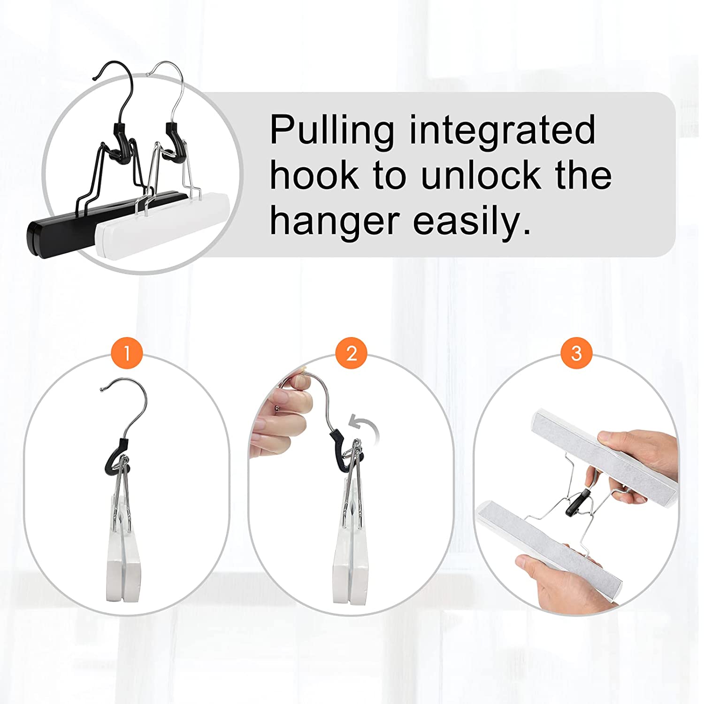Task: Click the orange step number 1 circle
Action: click(126, 352)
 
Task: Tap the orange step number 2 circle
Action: click(352, 352)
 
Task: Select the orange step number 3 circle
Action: click(576, 352)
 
